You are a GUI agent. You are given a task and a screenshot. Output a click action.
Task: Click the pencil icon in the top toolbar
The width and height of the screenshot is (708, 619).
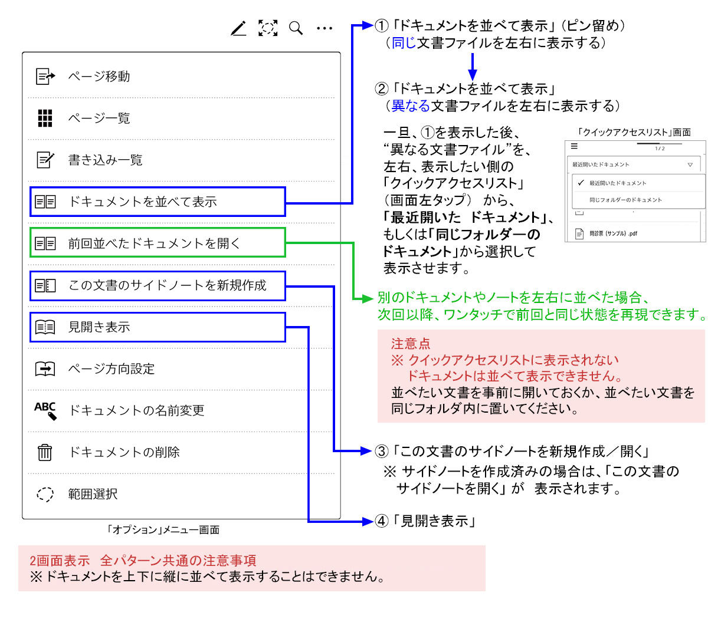point(238,28)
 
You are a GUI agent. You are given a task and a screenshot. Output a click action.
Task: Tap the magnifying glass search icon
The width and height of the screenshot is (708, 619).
point(296,28)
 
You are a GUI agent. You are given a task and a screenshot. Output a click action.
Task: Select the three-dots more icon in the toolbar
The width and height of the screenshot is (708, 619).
point(324,28)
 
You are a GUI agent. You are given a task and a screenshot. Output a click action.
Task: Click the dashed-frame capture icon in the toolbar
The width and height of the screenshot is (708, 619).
point(268,28)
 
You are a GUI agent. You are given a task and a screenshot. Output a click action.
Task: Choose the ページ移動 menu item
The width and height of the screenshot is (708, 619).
point(99,76)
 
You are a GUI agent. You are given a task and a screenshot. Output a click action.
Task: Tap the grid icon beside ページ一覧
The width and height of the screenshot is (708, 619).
point(45,118)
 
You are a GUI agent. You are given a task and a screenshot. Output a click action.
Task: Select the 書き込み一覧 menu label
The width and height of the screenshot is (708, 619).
point(105,160)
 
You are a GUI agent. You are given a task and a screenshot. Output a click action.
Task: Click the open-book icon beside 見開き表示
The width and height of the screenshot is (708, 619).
point(45,327)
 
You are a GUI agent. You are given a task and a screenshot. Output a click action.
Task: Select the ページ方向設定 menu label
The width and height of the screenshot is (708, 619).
point(112,369)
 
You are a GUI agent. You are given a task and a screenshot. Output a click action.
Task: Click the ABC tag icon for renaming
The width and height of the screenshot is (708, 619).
point(45,410)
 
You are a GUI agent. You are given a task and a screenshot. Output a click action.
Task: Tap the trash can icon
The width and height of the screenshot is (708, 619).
point(45,452)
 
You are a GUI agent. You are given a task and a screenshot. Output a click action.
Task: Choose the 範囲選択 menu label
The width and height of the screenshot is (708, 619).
point(93,494)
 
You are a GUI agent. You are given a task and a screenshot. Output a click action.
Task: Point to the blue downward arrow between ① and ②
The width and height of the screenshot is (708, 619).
point(472,66)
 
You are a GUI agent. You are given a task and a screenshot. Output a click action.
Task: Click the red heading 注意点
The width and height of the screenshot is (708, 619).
point(411,343)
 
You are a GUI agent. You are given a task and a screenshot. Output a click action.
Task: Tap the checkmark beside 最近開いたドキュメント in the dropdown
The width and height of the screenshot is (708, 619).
point(581,183)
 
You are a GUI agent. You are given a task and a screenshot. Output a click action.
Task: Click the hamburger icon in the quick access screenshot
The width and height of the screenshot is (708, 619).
point(574,147)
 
